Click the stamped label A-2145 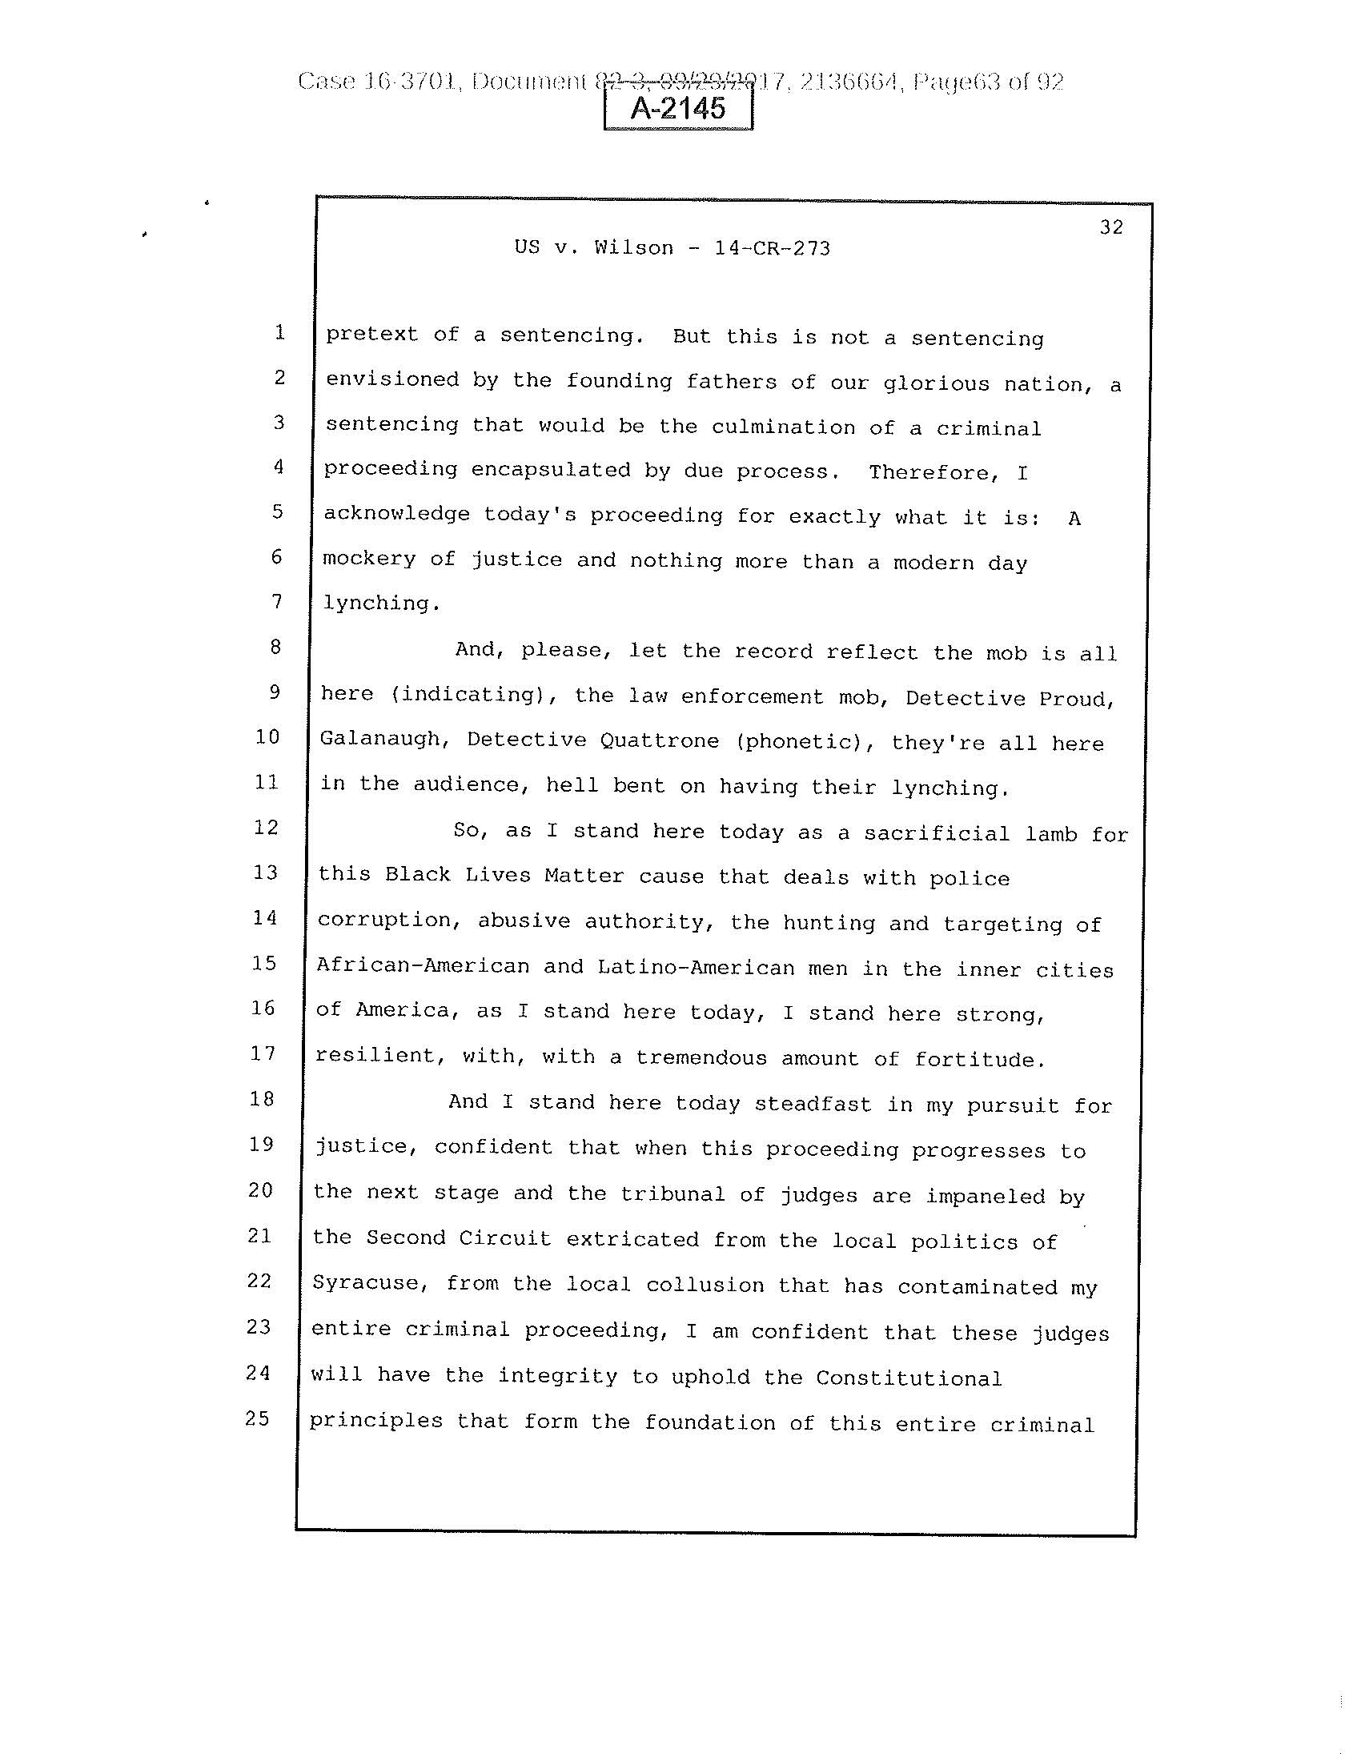pyautogui.click(x=678, y=108)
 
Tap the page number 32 pyautogui.click(x=1111, y=227)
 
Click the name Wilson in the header pyautogui.click(x=634, y=247)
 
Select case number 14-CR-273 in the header pyautogui.click(x=773, y=248)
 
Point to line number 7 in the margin pyautogui.click(x=276, y=601)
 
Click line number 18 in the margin pyautogui.click(x=261, y=1099)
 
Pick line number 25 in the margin pyautogui.click(x=257, y=1418)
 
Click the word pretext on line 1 pyautogui.click(x=371, y=335)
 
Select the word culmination pyautogui.click(x=784, y=427)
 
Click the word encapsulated pyautogui.click(x=551, y=470)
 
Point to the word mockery pyautogui.click(x=369, y=559)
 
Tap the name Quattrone pyautogui.click(x=660, y=741)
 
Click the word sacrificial pyautogui.click(x=937, y=834)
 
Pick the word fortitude pyautogui.click(x=980, y=1060)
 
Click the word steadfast pyautogui.click(x=813, y=1104)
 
